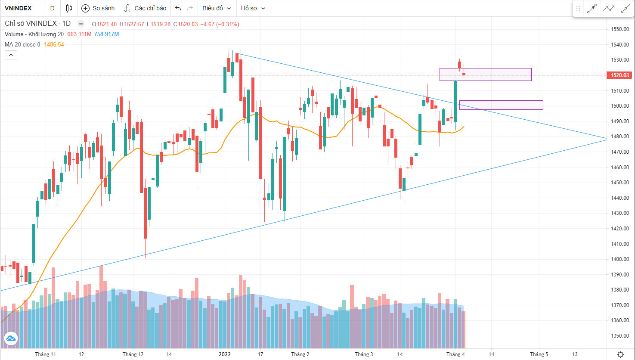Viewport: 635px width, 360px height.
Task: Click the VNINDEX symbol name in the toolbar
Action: pyautogui.click(x=18, y=8)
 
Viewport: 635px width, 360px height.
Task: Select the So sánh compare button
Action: pyautogui.click(x=98, y=8)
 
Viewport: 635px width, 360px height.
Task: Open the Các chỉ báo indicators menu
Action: pyautogui.click(x=145, y=8)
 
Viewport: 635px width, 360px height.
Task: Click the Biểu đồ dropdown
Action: pyautogui.click(x=217, y=8)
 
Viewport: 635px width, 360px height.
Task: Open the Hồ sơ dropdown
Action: pyautogui.click(x=253, y=8)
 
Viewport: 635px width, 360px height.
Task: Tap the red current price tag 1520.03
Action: pyautogui.click(x=620, y=75)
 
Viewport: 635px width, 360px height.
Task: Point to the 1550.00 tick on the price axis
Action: pyautogui.click(x=620, y=29)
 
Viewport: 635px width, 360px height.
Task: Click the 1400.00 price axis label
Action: pyautogui.click(x=620, y=259)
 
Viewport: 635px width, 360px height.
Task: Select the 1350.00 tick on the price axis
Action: pyautogui.click(x=620, y=336)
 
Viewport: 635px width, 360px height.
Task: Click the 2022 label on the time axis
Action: pyautogui.click(x=225, y=354)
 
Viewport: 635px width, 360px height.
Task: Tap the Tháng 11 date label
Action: pyautogui.click(x=45, y=354)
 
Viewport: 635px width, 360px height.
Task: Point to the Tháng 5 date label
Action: pyautogui.click(x=539, y=354)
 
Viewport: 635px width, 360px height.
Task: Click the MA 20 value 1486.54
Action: pyautogui.click(x=54, y=44)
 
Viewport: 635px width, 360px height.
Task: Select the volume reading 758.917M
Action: pyautogui.click(x=106, y=34)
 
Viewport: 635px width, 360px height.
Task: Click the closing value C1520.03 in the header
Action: pyautogui.click(x=186, y=24)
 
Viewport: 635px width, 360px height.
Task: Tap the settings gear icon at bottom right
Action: pyautogui.click(x=620, y=354)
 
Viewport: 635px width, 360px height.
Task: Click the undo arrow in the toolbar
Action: pyautogui.click(x=178, y=8)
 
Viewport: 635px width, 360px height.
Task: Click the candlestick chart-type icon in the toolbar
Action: pyautogui.click(x=69, y=8)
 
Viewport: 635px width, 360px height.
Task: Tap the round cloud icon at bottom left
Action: pyautogui.click(x=11, y=338)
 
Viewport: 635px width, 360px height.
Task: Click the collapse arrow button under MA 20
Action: pyautogui.click(x=11, y=55)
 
